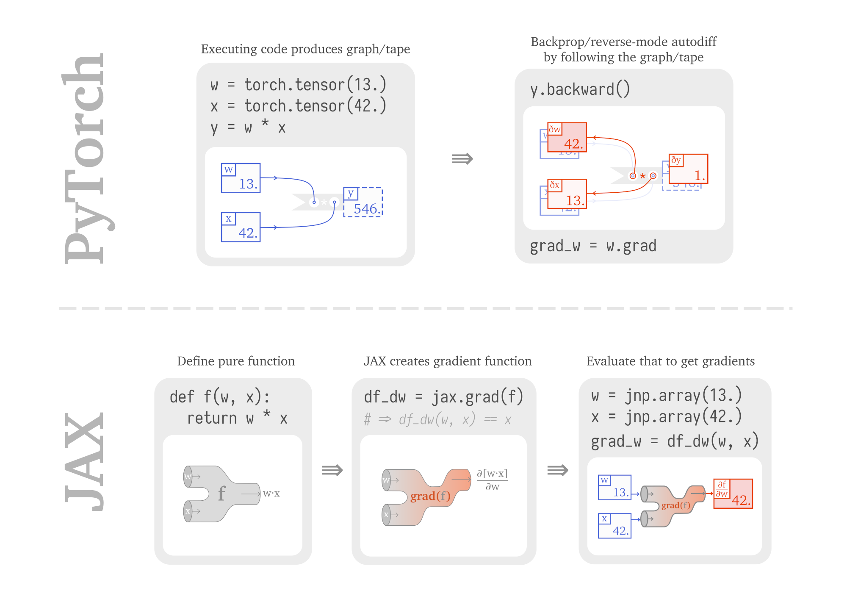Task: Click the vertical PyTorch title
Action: [85, 159]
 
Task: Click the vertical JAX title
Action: [85, 462]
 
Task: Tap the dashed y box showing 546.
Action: [363, 202]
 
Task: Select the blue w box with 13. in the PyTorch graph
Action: [241, 178]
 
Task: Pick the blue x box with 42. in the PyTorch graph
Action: [241, 227]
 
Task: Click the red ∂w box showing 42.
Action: [567, 137]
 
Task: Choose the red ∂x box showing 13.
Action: [567, 194]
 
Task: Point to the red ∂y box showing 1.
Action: [688, 169]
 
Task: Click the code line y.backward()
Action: [580, 90]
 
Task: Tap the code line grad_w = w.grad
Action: [593, 246]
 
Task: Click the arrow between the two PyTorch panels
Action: [462, 159]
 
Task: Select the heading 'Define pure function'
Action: [236, 361]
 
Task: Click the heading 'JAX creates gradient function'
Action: [447, 361]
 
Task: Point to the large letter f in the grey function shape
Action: [221, 494]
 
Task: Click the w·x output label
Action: [271, 494]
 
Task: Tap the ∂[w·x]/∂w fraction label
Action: [492, 480]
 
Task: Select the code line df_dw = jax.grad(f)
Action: [443, 397]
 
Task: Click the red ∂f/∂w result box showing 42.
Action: [733, 494]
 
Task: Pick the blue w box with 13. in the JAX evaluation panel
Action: [614, 488]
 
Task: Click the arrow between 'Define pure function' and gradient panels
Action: [332, 470]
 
